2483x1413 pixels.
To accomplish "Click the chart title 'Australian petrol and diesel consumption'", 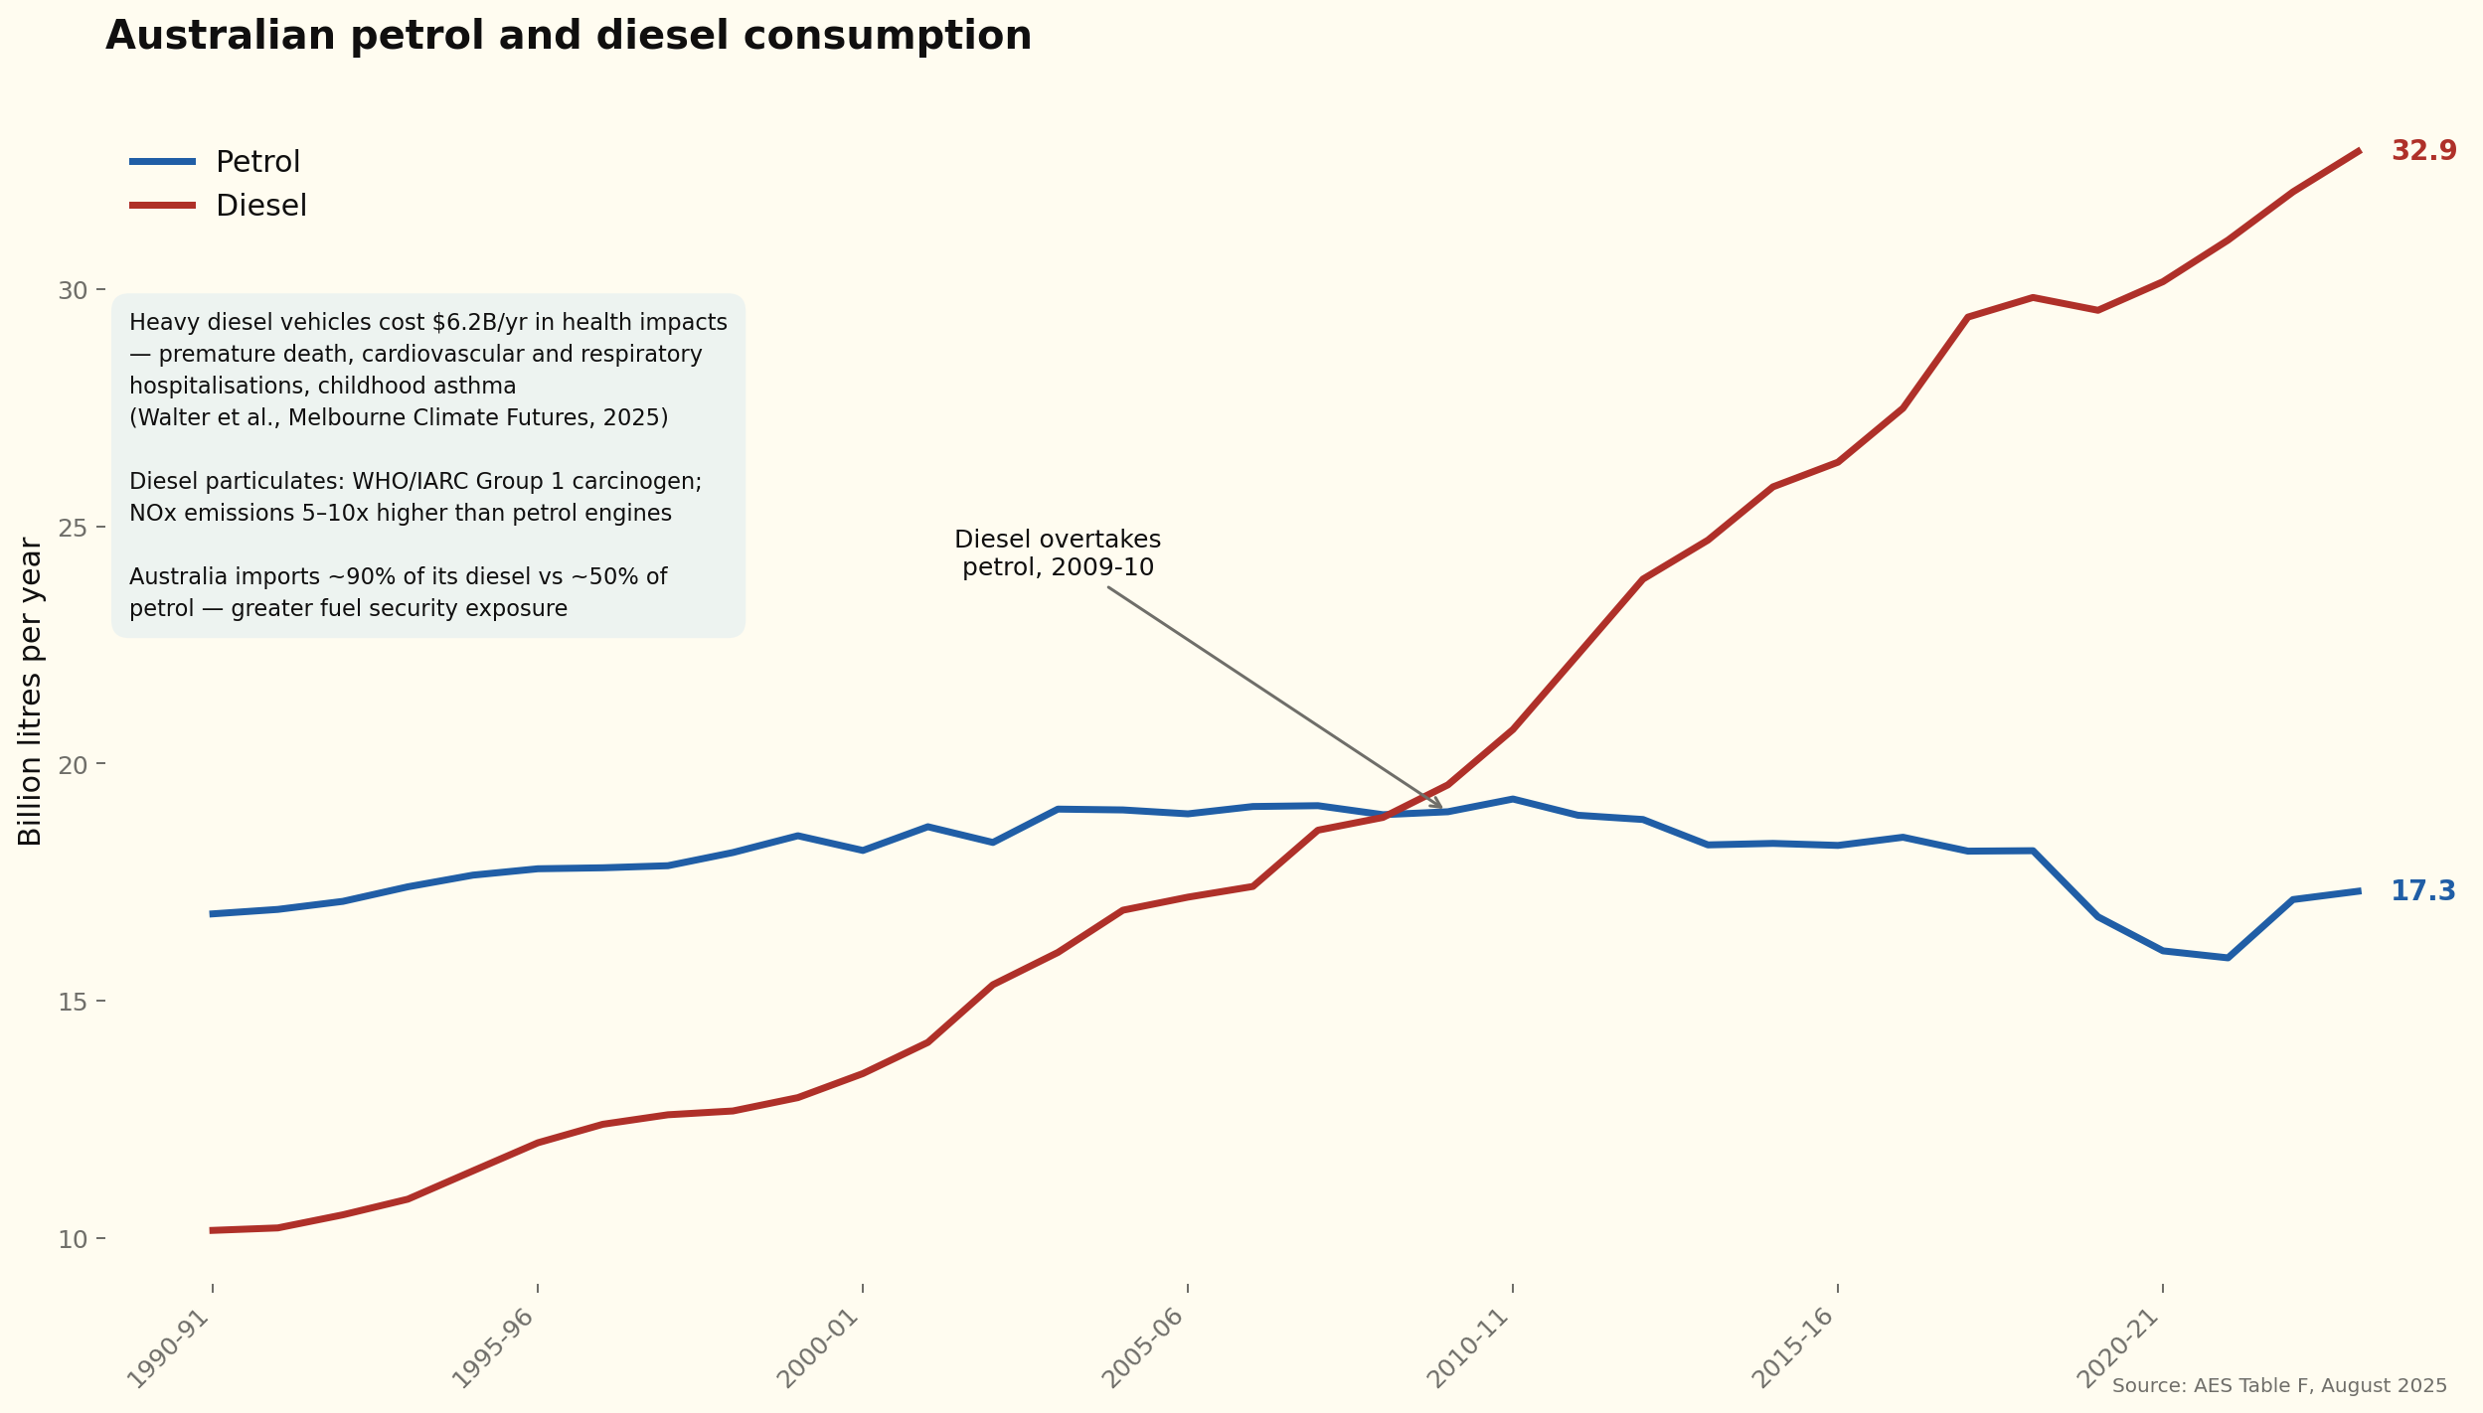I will [x=568, y=37].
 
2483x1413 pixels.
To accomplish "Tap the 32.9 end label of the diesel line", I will [x=2423, y=151].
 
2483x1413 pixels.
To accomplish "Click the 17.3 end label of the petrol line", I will [x=2422, y=891].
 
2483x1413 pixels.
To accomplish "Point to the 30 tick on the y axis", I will [x=73, y=290].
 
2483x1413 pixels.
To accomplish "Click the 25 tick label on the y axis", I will [x=73, y=528].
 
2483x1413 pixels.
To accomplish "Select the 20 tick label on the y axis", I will [x=73, y=765].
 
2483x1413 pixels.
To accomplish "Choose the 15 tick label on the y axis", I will [x=73, y=1002].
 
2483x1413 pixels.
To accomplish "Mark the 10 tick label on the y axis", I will [x=73, y=1239].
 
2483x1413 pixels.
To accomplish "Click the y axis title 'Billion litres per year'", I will [x=31, y=692].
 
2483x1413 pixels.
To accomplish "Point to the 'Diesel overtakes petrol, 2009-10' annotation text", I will [x=1058, y=553].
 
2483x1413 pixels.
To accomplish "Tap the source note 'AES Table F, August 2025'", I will [x=2279, y=1386].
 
